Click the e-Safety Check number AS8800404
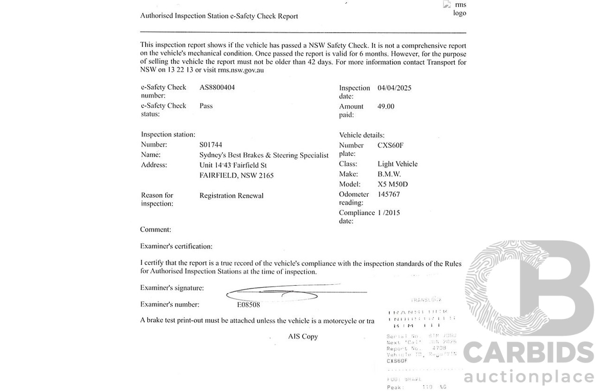(x=217, y=88)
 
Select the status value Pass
(x=206, y=106)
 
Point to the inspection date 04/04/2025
(x=394, y=88)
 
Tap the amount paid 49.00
(x=386, y=107)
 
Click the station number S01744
(x=211, y=145)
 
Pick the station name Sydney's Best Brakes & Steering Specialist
(x=264, y=155)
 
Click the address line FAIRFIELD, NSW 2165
(x=236, y=176)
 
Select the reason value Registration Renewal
(x=231, y=196)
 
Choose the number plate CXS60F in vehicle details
(x=390, y=145)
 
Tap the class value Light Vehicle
(x=397, y=164)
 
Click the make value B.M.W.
(x=389, y=174)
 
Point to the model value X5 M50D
(x=392, y=184)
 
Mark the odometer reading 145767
(x=388, y=194)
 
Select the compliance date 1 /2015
(x=388, y=213)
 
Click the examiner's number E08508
(x=248, y=305)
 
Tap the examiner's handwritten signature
(x=285, y=293)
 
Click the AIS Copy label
(x=303, y=336)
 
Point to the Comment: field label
(x=156, y=230)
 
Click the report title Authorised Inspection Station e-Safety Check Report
(x=219, y=16)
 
